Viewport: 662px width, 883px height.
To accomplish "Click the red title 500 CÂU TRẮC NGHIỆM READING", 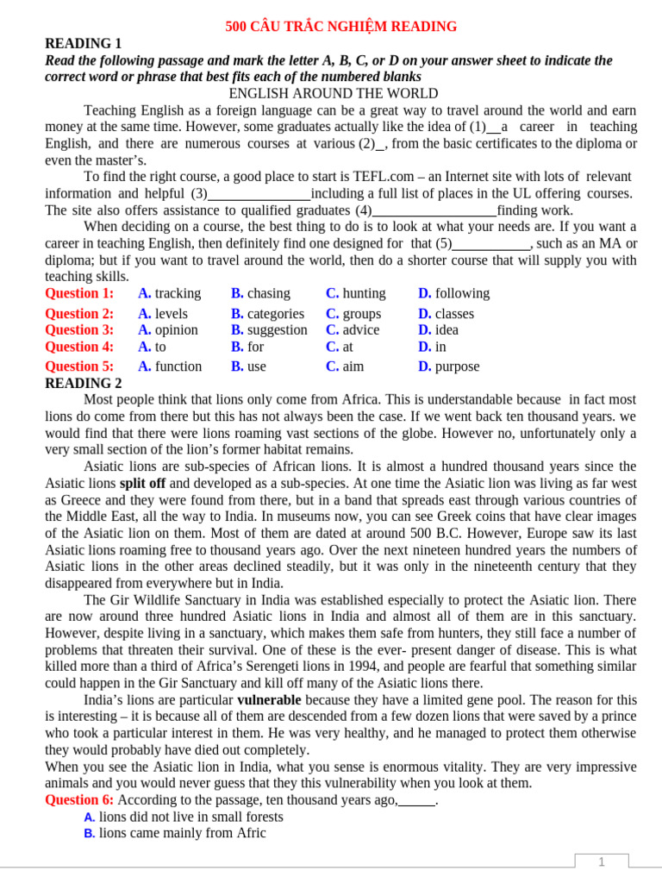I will coord(340,27).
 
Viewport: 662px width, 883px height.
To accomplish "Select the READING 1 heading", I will coord(84,44).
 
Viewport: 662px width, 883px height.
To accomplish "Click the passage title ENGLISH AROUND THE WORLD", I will coord(333,94).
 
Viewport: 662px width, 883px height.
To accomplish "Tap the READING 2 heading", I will coord(84,383).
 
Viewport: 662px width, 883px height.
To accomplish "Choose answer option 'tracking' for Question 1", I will coord(177,293).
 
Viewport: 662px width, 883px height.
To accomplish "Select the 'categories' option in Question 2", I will coord(274,314).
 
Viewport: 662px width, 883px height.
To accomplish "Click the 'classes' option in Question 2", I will coord(453,314).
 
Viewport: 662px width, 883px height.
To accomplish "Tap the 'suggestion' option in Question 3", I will coord(277,329).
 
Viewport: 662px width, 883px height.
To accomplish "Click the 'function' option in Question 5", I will coord(178,366).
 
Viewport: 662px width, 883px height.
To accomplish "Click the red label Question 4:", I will coord(79,347).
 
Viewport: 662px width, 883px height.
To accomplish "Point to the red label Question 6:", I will coord(79,800).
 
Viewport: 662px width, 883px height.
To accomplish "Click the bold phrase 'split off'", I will coord(143,484).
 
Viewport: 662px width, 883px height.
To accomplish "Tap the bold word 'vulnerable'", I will coord(269,699).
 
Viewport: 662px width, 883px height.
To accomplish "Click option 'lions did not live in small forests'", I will coord(190,817).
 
